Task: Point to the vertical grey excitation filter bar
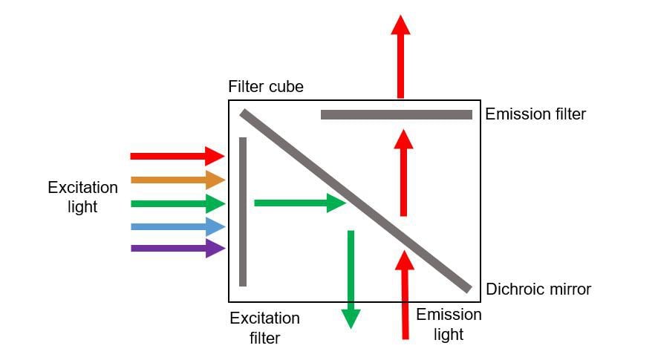tap(243, 212)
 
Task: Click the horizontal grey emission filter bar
tap(396, 115)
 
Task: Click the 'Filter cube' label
tap(266, 87)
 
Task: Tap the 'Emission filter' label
tap(535, 114)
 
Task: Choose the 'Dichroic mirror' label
tap(538, 289)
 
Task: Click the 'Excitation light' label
tap(82, 197)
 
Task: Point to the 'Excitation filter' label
tap(264, 328)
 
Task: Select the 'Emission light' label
tap(449, 324)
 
